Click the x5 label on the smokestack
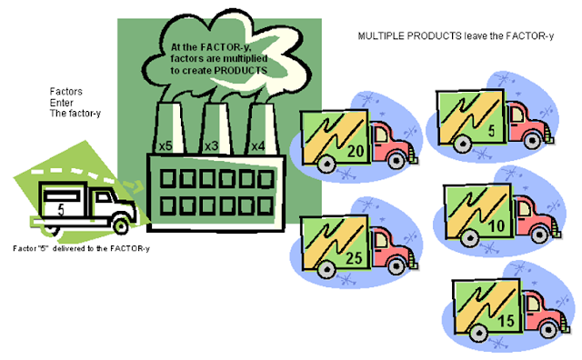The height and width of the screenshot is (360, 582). (166, 145)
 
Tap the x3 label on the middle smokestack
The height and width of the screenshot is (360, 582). (212, 145)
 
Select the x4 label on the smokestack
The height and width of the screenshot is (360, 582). (258, 145)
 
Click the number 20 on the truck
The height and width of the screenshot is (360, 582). (356, 151)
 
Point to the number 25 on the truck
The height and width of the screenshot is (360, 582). (354, 258)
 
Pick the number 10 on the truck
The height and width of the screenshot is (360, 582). (497, 225)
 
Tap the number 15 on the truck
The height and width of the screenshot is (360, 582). (506, 321)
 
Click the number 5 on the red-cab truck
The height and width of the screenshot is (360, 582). (491, 130)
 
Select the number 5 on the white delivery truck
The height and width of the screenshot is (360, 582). (61, 210)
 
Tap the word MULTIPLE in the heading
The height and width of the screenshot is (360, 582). (381, 36)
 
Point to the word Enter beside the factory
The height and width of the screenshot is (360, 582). (61, 103)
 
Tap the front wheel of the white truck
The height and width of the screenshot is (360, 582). (121, 225)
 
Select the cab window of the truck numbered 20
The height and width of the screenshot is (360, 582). (381, 135)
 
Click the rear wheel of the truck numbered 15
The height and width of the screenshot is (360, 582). (478, 333)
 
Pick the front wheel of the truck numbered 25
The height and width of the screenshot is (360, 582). (396, 266)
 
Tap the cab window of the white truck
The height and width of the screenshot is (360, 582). (103, 197)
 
